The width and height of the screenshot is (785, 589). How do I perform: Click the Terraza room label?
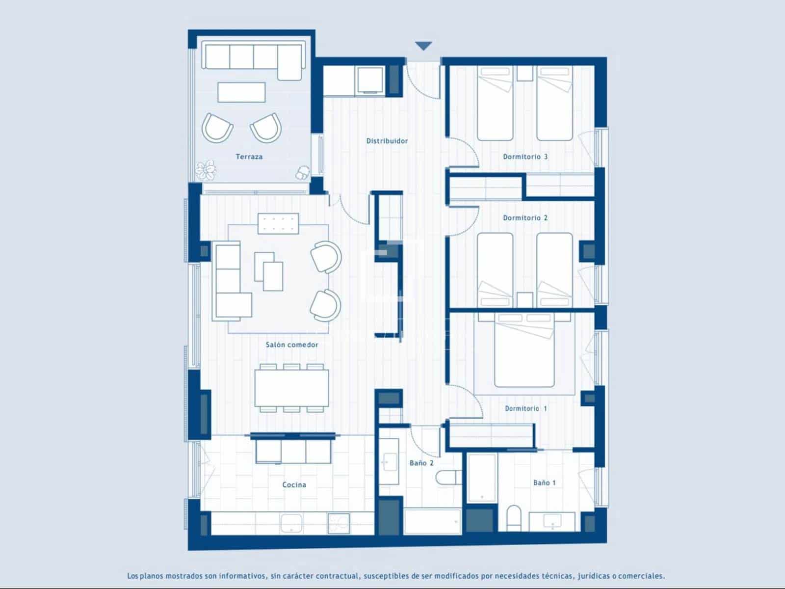tap(249, 157)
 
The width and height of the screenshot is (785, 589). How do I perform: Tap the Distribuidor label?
tap(387, 141)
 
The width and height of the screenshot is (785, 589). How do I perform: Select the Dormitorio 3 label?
tap(525, 157)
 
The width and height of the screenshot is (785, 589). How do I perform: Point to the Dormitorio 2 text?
tap(525, 218)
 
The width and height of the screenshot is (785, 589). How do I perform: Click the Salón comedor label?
tap(292, 345)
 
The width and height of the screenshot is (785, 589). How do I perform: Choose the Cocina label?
tap(294, 485)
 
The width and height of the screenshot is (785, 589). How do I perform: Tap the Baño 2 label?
tap(421, 463)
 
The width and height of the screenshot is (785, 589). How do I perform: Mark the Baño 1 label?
tap(544, 483)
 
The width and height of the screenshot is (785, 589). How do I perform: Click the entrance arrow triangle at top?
tap(423, 46)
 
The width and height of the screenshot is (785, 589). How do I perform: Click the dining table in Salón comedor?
tap(291, 388)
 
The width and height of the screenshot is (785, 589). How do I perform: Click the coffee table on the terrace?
tap(241, 92)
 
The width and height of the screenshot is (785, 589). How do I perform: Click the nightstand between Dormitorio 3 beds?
tap(524, 74)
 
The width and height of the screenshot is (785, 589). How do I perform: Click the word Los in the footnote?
tap(132, 576)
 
